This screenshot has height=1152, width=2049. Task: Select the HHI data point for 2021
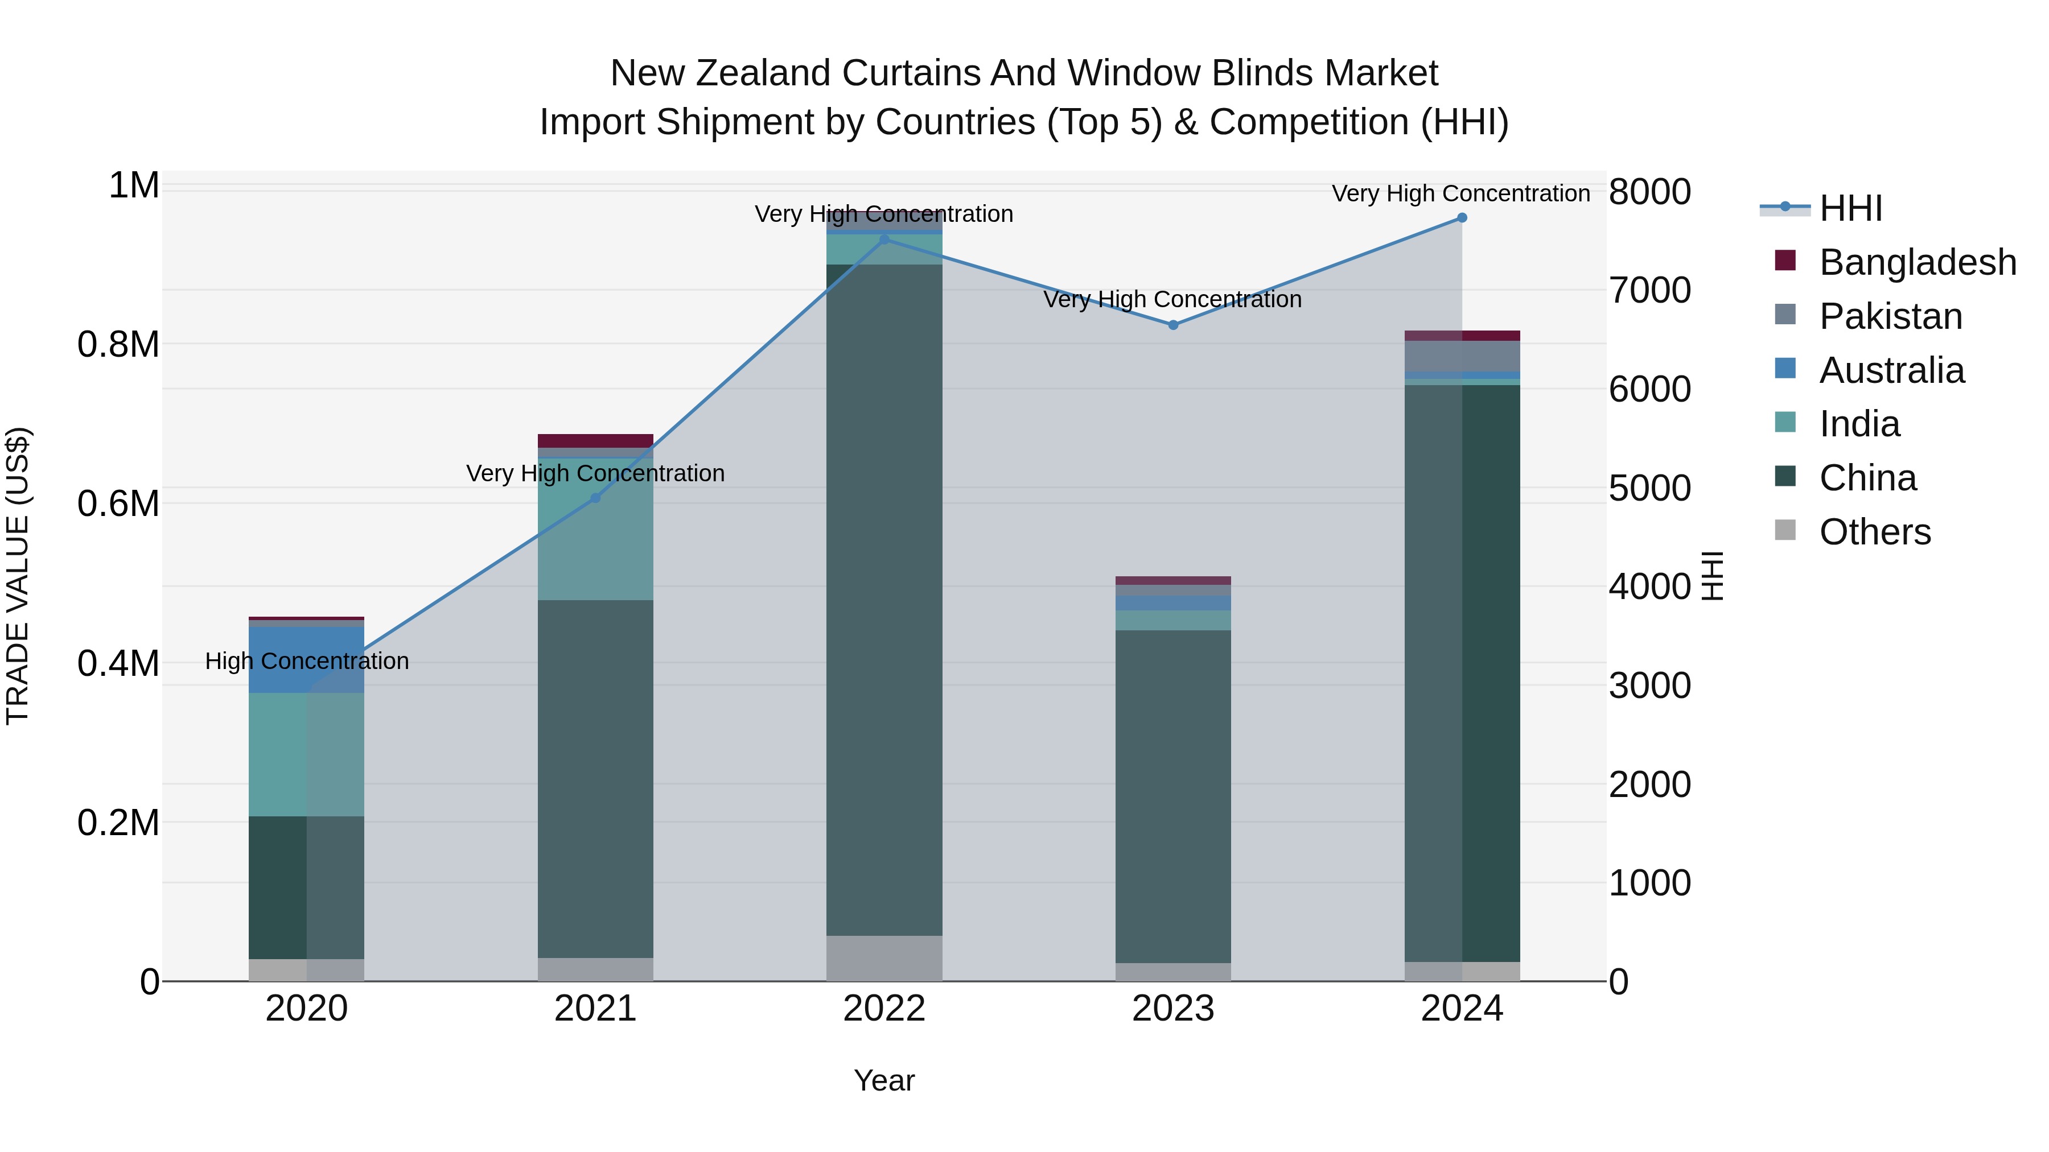coord(595,498)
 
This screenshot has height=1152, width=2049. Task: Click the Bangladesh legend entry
coord(1917,262)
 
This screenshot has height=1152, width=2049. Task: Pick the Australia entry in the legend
coord(1891,370)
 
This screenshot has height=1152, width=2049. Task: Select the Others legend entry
coord(1875,532)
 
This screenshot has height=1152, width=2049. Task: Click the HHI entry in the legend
coord(1851,208)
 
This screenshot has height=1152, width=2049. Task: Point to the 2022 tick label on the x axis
coord(884,1009)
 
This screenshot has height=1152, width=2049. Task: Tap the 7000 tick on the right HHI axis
coord(1649,290)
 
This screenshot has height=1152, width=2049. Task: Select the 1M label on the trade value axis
coord(134,186)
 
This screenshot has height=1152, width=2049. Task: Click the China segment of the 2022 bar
coord(884,596)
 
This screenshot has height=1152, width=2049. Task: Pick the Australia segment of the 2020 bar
coord(306,659)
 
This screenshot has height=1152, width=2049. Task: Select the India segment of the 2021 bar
coord(595,528)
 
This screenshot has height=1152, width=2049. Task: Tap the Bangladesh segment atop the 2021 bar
coord(595,440)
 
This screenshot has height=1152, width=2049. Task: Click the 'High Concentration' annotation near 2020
coord(307,662)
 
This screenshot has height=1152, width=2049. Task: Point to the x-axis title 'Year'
coord(884,1080)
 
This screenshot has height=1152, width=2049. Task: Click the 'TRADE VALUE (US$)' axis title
coord(18,576)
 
